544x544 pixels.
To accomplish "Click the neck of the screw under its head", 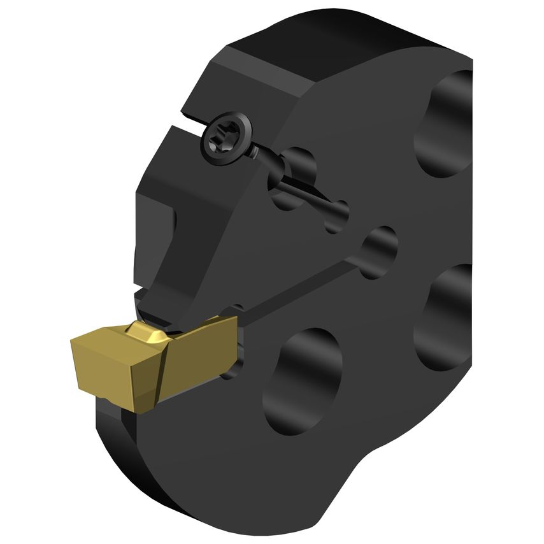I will [255, 153].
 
